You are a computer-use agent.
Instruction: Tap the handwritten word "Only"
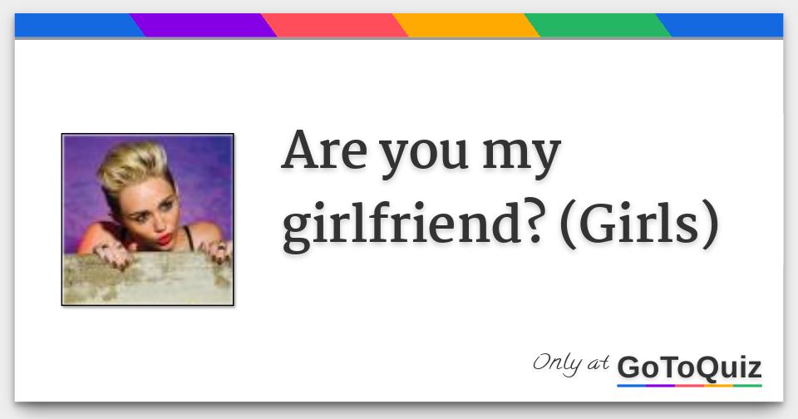tap(559, 362)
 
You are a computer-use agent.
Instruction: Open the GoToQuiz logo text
tap(689, 367)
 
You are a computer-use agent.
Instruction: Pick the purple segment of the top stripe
tap(203, 26)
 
